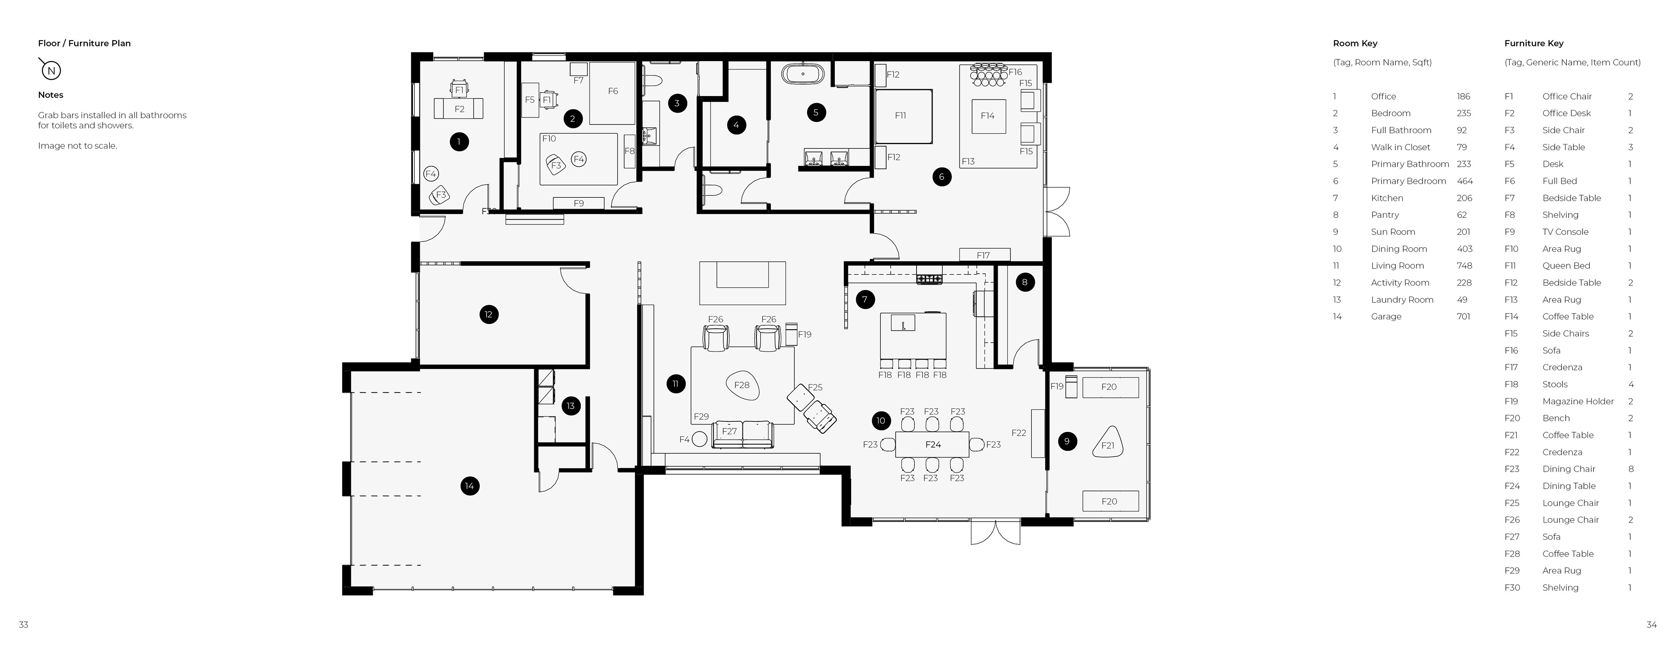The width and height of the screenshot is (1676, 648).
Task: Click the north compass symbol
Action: pos(51,69)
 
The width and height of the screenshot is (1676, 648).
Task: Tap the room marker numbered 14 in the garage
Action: pos(470,486)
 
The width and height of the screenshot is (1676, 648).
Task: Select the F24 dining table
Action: pos(932,445)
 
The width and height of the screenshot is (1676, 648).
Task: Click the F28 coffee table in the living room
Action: pos(742,385)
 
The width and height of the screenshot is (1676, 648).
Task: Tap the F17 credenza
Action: pos(984,255)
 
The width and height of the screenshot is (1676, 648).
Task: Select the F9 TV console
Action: pos(578,203)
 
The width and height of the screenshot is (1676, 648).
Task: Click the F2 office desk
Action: pos(459,109)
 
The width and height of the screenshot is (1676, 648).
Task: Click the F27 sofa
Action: pos(742,434)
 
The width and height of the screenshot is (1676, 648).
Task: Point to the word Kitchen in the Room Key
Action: pos(1387,198)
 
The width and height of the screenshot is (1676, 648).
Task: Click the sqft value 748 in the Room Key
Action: pos(1464,265)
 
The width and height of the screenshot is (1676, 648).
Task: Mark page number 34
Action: pos(1651,624)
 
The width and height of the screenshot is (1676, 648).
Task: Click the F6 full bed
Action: pos(612,93)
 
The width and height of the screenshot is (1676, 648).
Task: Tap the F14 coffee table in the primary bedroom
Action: pos(988,116)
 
